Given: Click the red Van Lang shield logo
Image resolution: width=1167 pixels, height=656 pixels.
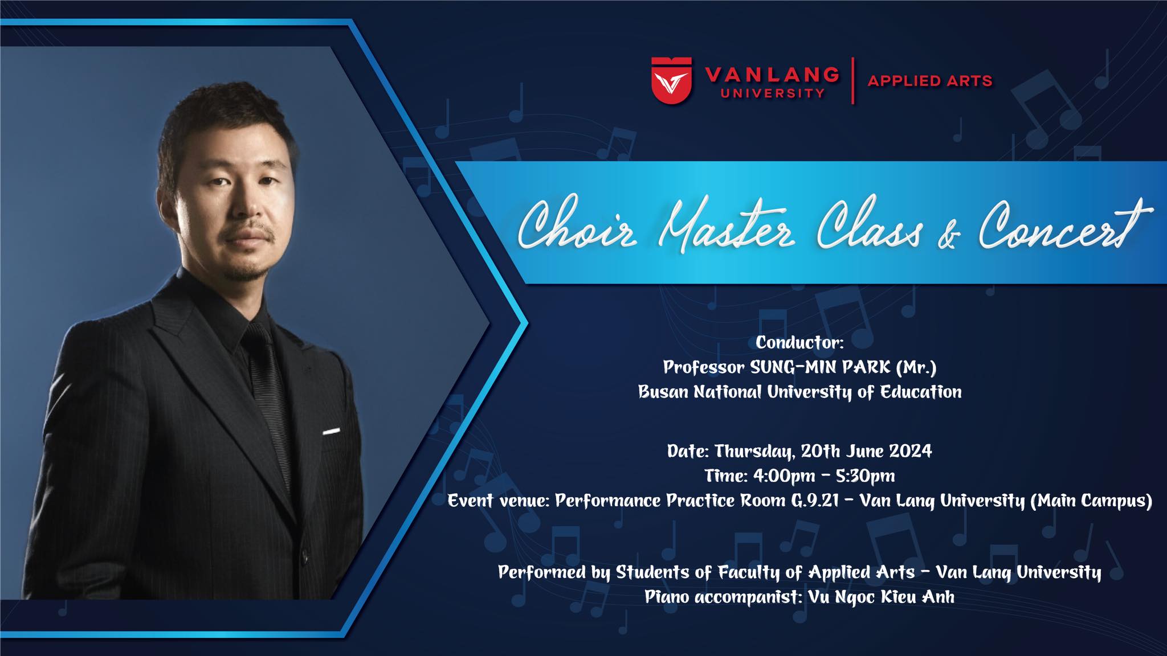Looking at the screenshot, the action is [672, 80].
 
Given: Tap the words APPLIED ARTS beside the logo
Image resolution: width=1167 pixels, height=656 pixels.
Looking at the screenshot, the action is [930, 81].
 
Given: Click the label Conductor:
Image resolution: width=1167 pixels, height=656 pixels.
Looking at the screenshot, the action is [799, 342].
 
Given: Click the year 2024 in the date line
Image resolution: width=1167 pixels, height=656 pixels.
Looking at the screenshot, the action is [911, 451].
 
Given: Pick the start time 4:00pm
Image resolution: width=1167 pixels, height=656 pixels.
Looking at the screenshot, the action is [776, 475].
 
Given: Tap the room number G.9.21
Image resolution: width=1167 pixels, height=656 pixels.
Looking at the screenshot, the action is [814, 501].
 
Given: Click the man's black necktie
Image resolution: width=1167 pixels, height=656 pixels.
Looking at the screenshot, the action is [267, 393].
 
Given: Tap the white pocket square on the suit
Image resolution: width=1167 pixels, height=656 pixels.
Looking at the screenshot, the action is [331, 431].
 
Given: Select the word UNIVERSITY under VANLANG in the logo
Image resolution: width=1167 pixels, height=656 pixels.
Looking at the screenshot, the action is [772, 93].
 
